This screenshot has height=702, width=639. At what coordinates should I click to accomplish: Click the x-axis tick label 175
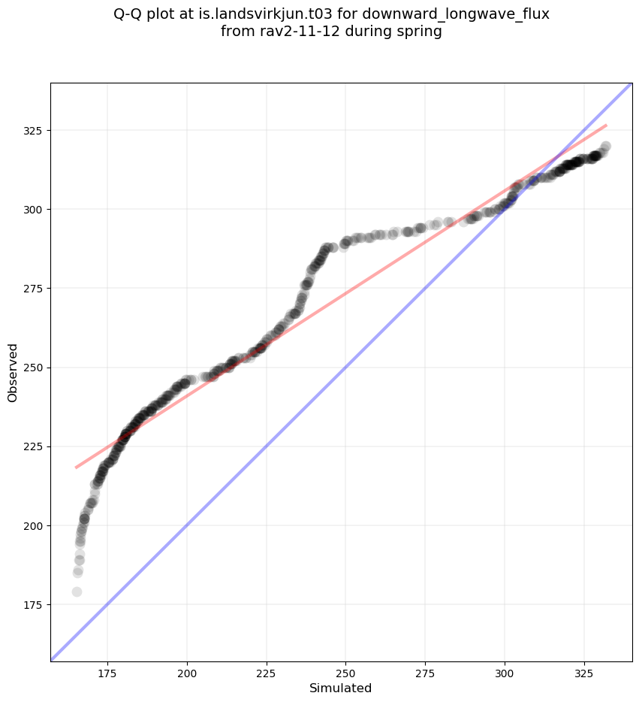(107, 672)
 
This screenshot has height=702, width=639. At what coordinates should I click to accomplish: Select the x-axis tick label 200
(187, 672)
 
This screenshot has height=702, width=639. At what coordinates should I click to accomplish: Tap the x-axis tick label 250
(345, 672)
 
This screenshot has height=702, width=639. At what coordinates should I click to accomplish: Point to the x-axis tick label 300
(505, 672)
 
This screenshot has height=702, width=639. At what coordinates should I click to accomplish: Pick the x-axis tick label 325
(583, 672)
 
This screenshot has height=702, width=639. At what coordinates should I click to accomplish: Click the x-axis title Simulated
(341, 688)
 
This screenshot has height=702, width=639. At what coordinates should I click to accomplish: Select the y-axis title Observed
(13, 372)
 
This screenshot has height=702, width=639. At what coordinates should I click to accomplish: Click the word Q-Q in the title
(129, 14)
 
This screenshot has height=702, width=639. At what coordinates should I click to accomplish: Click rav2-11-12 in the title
(288, 32)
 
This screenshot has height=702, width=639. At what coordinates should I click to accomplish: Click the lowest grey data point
(77, 592)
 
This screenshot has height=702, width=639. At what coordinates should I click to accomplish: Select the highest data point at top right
(605, 147)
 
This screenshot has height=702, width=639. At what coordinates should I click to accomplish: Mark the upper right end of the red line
(606, 125)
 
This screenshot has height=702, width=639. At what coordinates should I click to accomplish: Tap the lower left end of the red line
(76, 467)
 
